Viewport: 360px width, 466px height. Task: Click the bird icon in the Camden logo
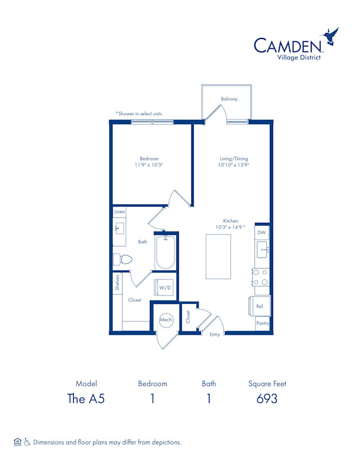click(331, 38)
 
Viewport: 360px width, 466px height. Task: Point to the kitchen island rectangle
click(218, 256)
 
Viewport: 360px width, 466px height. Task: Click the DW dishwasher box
click(262, 232)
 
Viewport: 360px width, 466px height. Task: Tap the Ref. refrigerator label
click(260, 306)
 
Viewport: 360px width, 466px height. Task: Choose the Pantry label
click(263, 323)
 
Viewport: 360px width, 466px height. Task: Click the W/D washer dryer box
click(164, 288)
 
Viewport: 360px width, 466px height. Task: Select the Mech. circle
click(166, 321)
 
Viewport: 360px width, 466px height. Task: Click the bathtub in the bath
click(165, 253)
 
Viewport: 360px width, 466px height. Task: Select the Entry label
click(215, 334)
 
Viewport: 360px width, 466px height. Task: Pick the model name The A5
click(86, 399)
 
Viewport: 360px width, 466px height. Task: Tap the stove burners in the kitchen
click(260, 277)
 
